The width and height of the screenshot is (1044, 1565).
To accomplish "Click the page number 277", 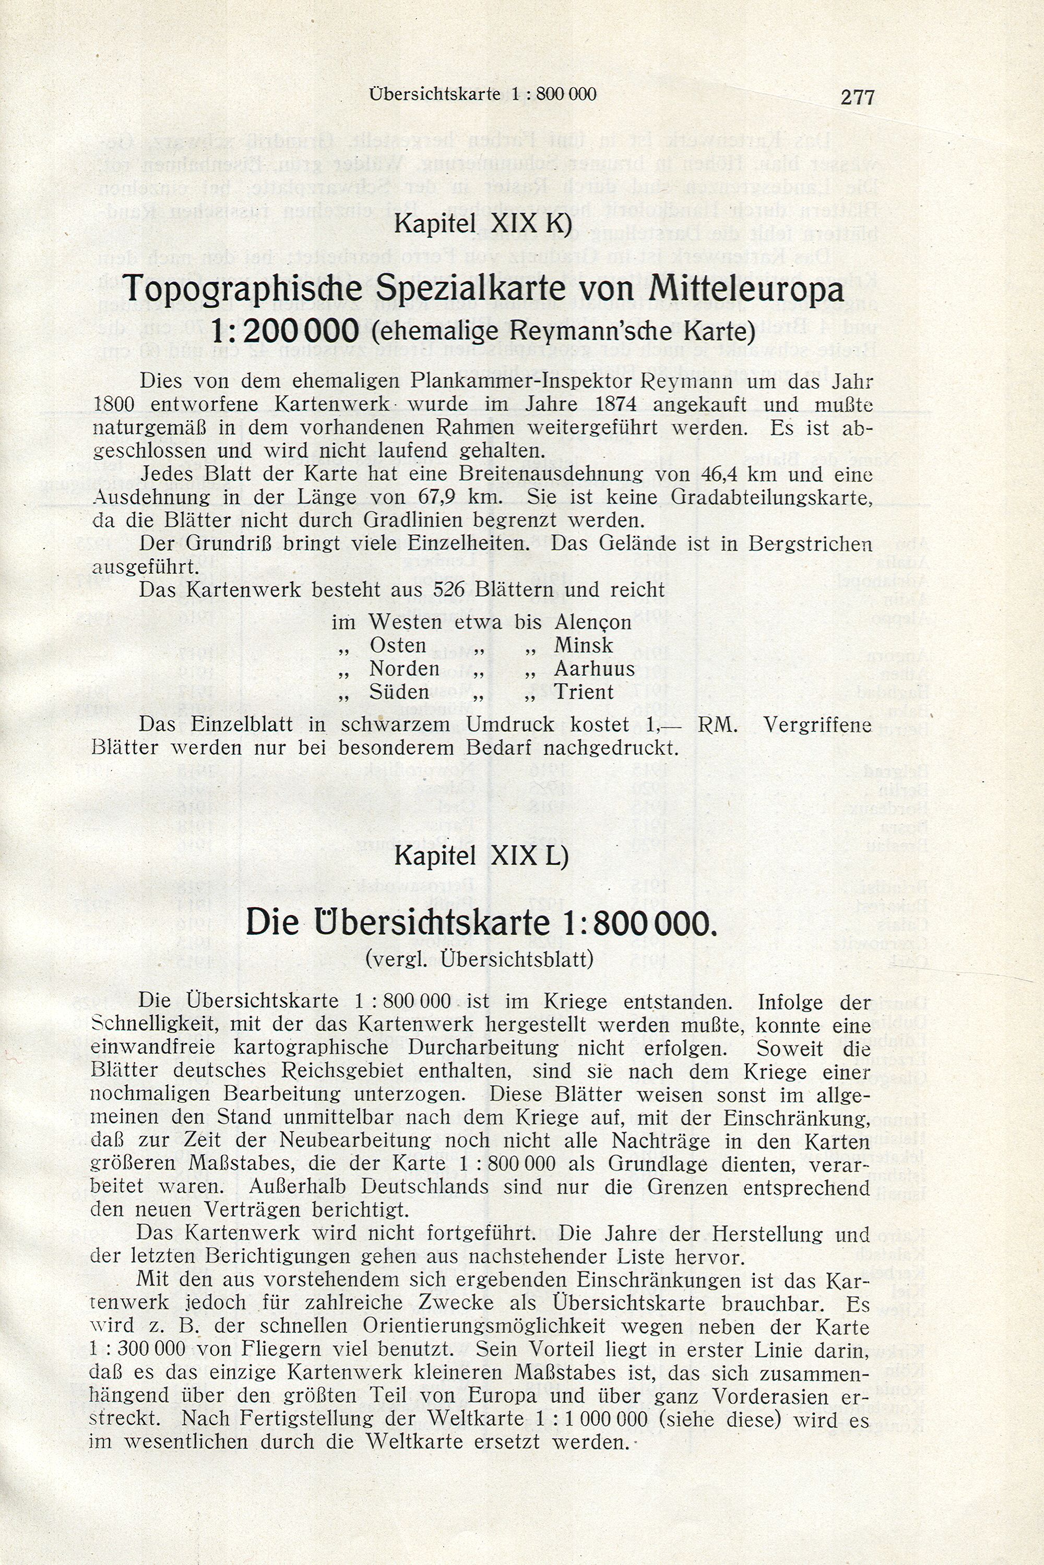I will [x=857, y=98].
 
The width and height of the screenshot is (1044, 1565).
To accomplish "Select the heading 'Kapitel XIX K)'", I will [x=483, y=224].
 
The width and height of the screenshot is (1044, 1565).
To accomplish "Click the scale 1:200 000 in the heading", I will [x=285, y=330].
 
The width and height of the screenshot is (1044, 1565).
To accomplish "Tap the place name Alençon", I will [x=592, y=622].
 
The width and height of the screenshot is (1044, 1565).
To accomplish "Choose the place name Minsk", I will [x=583, y=645].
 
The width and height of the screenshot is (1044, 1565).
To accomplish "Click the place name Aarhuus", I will [x=594, y=669].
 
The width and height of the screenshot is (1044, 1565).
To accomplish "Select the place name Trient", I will [x=584, y=692].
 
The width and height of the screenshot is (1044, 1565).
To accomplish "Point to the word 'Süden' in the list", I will [x=398, y=692].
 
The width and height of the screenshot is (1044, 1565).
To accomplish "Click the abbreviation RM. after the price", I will [x=717, y=725].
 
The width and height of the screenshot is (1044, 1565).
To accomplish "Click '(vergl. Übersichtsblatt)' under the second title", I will [x=479, y=959].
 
